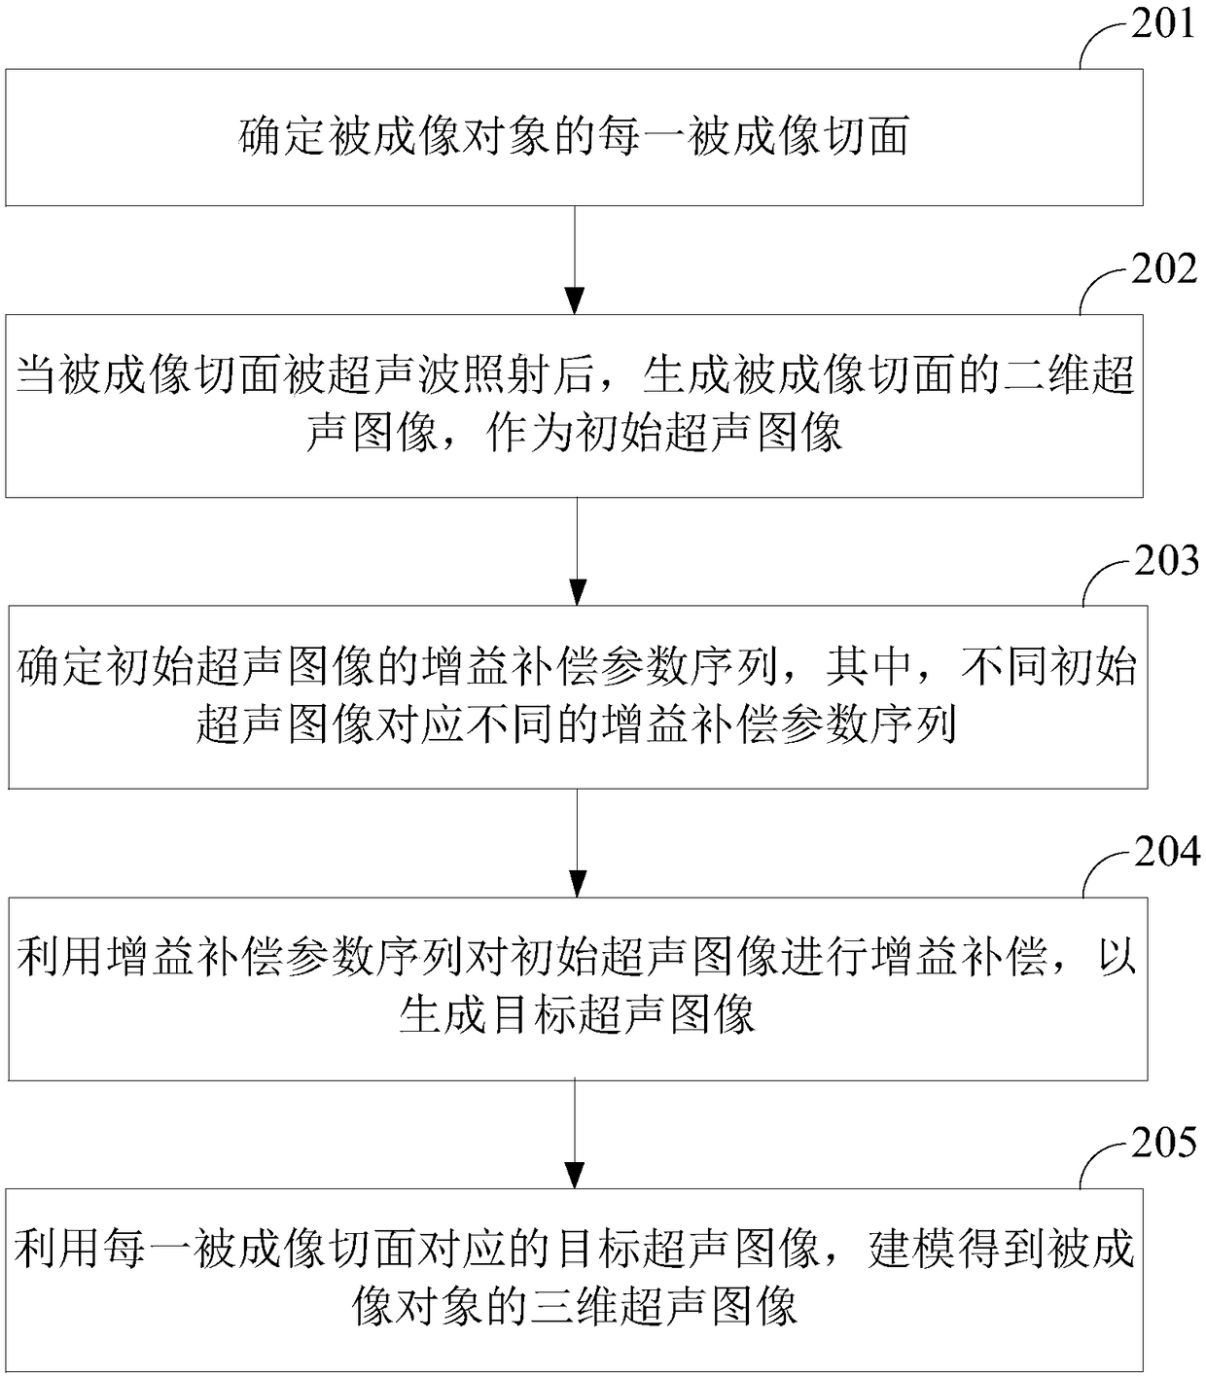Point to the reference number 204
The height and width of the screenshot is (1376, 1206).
pyautogui.click(x=1166, y=852)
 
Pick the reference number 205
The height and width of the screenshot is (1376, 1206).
pyautogui.click(x=1164, y=1144)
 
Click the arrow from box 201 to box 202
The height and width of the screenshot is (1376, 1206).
pyautogui.click(x=576, y=260)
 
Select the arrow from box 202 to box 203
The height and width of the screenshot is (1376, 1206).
pyautogui.click(x=577, y=551)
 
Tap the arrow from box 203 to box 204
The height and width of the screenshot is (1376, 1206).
pyautogui.click(x=577, y=842)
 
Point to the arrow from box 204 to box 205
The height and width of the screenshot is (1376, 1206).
pyautogui.click(x=576, y=1133)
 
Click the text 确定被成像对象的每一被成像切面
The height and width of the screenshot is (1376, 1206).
pyautogui.click(x=574, y=137)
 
